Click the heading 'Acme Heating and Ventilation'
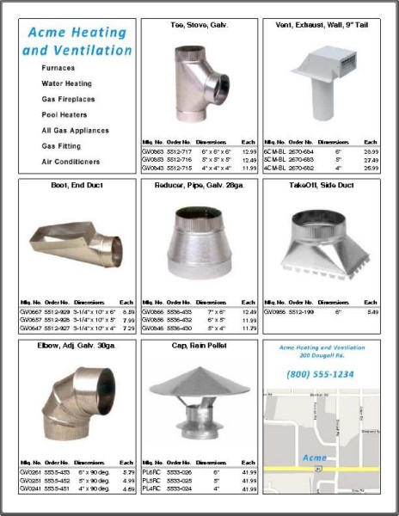click(77, 41)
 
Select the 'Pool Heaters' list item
click(70, 114)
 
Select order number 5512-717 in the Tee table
click(179, 150)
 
